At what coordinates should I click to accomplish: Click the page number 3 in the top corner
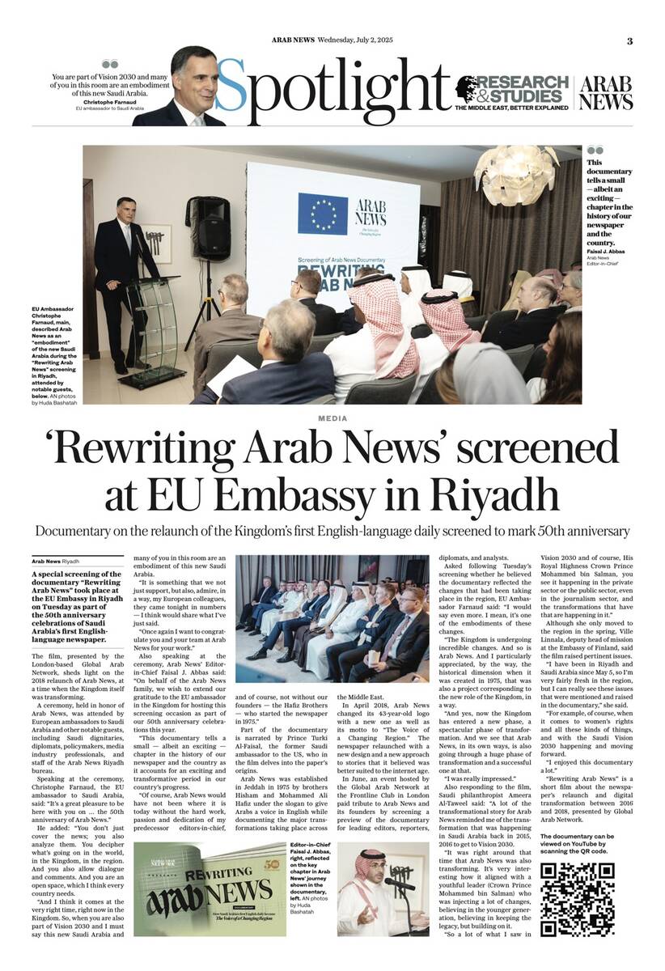(x=629, y=41)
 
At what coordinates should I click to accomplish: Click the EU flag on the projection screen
(x=322, y=214)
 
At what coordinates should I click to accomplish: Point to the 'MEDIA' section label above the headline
(x=332, y=418)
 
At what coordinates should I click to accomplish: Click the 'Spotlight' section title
(x=332, y=85)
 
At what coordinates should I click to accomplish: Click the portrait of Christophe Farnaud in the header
(x=183, y=87)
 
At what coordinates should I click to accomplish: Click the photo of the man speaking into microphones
(x=383, y=888)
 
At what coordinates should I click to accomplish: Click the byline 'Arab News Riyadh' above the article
(x=56, y=560)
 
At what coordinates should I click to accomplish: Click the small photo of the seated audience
(x=332, y=618)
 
